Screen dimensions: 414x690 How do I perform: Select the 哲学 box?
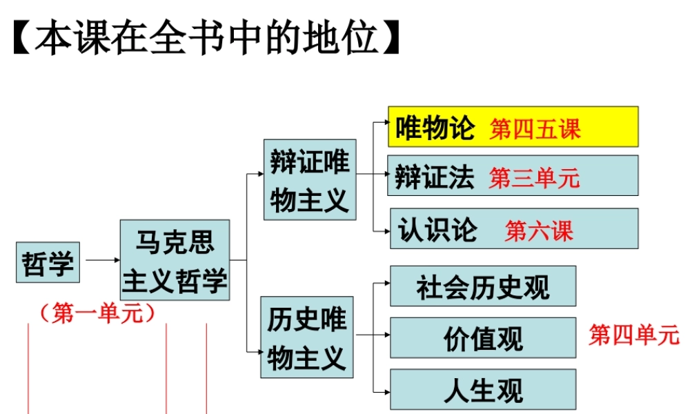(48, 263)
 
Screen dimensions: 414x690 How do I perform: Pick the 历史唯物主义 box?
(307, 337)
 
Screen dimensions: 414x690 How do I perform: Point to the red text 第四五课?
(535, 129)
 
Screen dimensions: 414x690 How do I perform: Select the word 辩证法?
(435, 177)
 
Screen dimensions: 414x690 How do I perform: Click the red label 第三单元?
(535, 179)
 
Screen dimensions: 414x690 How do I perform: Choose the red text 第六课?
(539, 230)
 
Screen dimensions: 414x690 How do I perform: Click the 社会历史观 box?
(483, 286)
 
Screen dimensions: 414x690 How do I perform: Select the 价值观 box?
(483, 338)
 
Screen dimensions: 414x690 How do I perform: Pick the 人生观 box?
(483, 390)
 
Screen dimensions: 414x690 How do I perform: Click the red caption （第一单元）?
(97, 314)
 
